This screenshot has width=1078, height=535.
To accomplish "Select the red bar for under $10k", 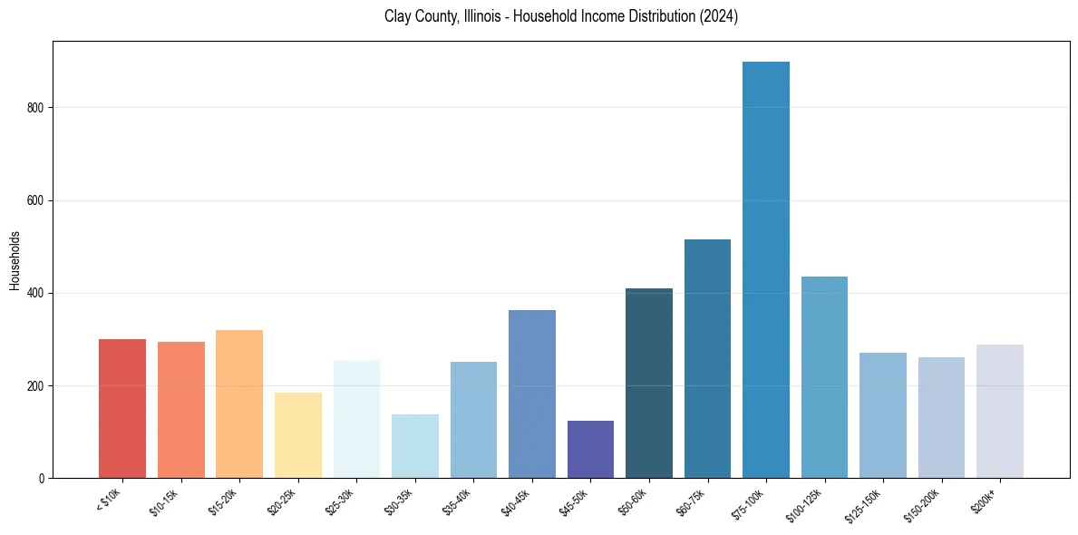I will pyautogui.click(x=122, y=408).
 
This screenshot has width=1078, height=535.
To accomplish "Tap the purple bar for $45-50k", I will pyautogui.click(x=590, y=449).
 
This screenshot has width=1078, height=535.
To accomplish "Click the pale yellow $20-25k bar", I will pyautogui.click(x=298, y=435).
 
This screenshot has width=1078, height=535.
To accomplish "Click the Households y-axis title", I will pyautogui.click(x=15, y=260).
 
